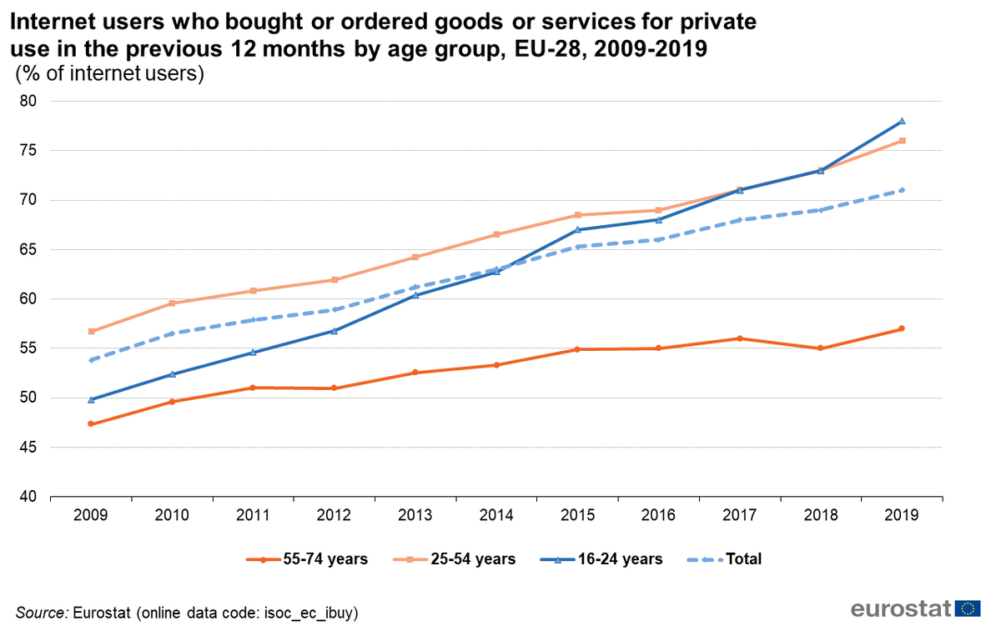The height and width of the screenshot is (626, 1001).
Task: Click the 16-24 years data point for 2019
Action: pyautogui.click(x=902, y=121)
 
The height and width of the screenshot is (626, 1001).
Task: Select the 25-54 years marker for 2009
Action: pyautogui.click(x=91, y=331)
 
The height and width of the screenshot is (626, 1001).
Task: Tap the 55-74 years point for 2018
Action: pyautogui.click(x=821, y=348)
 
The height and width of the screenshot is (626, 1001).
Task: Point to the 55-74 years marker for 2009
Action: pyautogui.click(x=91, y=424)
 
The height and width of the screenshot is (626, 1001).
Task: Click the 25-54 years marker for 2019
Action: pyautogui.click(x=902, y=141)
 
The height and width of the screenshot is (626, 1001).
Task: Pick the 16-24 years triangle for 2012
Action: pyautogui.click(x=334, y=331)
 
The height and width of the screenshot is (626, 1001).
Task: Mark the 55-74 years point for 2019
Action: pyautogui.click(x=902, y=328)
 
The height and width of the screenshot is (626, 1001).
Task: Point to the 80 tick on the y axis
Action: pyautogui.click(x=31, y=102)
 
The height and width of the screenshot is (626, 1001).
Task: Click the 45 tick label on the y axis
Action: pyautogui.click(x=31, y=448)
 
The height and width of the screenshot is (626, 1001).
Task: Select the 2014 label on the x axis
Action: pyautogui.click(x=495, y=515)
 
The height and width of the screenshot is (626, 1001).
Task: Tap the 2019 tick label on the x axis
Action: pyautogui.click(x=902, y=515)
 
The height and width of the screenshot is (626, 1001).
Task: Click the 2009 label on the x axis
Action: pyautogui.click(x=91, y=515)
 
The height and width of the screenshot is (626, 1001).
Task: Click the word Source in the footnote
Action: pyautogui.click(x=42, y=613)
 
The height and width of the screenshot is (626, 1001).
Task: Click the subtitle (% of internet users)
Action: pyautogui.click(x=110, y=73)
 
